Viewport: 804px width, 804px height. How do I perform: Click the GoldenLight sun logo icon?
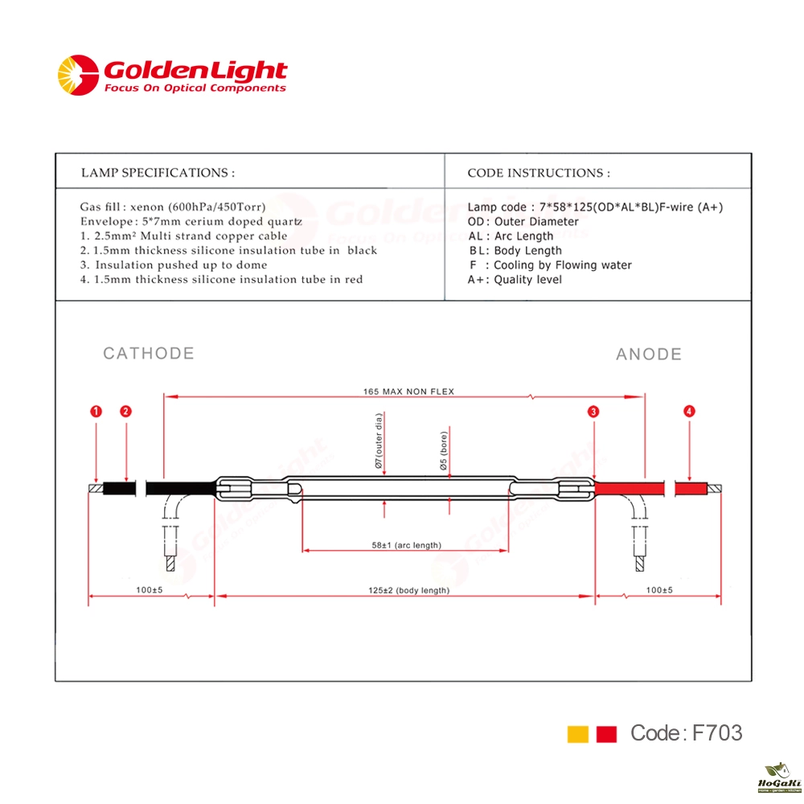78,75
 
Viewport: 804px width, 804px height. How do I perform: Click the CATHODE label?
149,353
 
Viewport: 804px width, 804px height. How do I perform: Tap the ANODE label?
649,355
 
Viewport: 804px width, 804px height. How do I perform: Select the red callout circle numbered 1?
96,411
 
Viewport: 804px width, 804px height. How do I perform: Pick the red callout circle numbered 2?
125,411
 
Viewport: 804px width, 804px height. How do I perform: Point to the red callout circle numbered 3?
593,411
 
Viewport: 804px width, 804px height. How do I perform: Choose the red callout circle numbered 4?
689,411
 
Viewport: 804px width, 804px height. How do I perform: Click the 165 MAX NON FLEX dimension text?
408,392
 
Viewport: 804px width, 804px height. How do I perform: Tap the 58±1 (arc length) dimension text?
407,545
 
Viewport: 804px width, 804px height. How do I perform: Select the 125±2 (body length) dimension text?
408,590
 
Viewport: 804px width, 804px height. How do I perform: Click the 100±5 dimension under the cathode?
150,590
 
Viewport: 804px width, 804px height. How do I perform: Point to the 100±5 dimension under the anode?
659,590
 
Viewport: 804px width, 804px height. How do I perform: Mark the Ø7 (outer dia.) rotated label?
379,441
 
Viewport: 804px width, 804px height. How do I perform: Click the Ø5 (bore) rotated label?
444,451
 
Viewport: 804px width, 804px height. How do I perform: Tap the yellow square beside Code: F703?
578,734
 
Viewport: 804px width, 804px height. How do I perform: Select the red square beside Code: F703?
606,734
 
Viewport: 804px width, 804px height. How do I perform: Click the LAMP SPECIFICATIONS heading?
158,173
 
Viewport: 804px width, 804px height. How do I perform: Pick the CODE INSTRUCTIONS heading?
539,173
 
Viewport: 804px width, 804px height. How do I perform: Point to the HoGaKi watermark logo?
779,777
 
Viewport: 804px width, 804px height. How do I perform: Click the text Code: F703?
686,732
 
